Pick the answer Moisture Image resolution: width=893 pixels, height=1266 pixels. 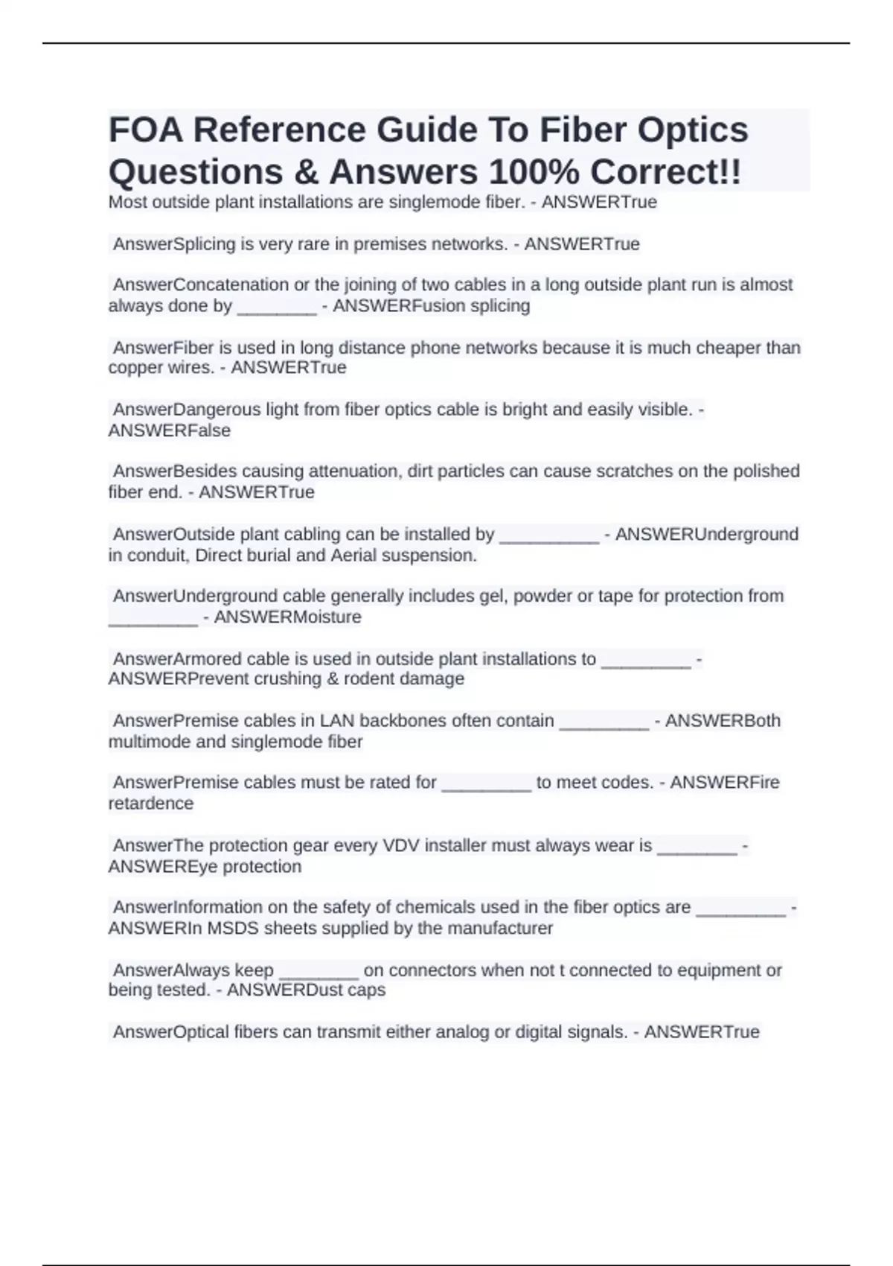pyautogui.click(x=325, y=617)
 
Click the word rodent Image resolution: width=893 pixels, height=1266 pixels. pyautogui.click(x=370, y=679)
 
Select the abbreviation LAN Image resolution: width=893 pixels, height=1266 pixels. pyautogui.click(x=337, y=721)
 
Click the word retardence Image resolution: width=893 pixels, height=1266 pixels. pyautogui.click(x=151, y=804)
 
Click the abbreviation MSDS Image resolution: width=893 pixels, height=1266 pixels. pyautogui.click(x=233, y=929)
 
